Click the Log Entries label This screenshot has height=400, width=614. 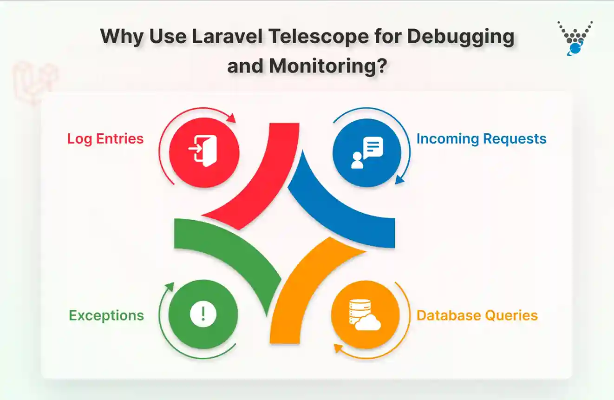point(105,139)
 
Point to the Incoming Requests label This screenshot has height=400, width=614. point(481,139)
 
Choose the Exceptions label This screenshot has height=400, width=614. point(106,316)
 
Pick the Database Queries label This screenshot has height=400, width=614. point(477,316)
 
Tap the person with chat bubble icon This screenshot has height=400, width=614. point(367,152)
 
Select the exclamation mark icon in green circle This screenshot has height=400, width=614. point(203,315)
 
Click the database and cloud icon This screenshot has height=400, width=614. point(365,315)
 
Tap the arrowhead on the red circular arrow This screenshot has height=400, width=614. point(232,119)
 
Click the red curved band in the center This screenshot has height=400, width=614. point(260,186)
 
